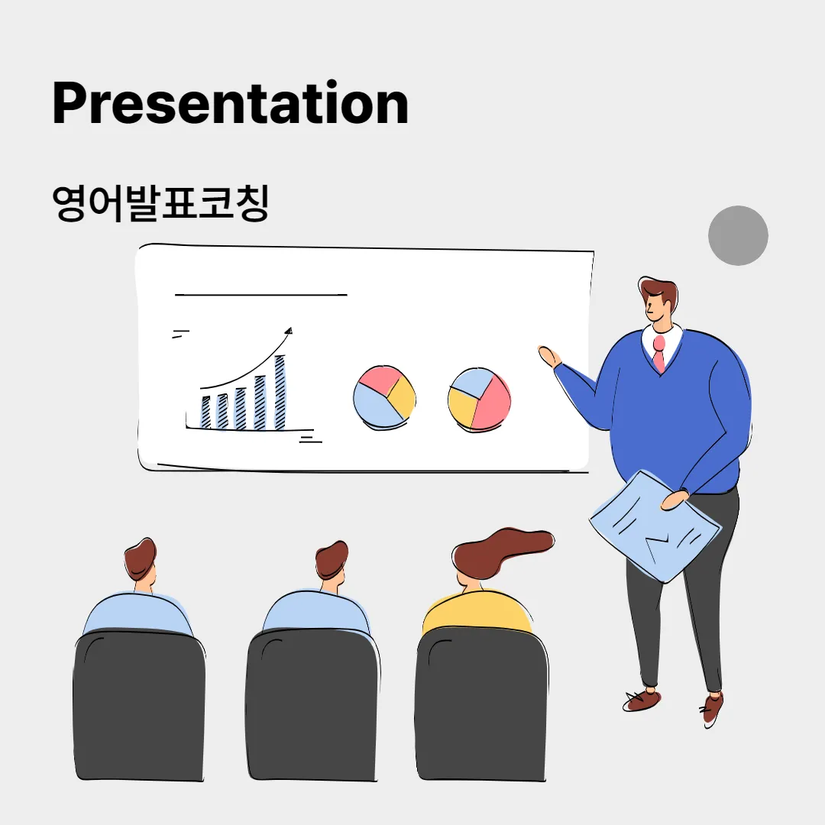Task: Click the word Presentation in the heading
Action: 230,104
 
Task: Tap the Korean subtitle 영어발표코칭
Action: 160,203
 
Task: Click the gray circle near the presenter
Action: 737,235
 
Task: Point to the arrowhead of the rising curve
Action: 288,331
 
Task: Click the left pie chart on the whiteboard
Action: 384,397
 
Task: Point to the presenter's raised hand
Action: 548,357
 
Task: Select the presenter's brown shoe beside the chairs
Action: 642,699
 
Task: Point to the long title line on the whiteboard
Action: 260,293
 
